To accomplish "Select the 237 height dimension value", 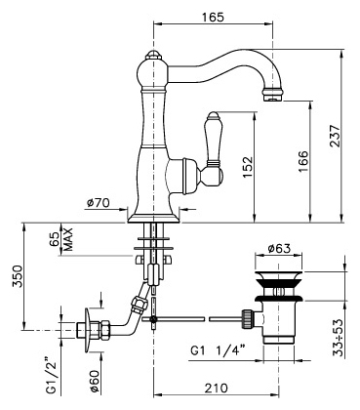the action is [335, 136].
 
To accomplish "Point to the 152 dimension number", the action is [247, 167].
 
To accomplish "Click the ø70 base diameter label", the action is [99, 203].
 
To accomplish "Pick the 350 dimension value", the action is [18, 276].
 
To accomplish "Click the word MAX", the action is [68, 239].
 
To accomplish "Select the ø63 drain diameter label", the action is [279, 249].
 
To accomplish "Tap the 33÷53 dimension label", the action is [339, 338].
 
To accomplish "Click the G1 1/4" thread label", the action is [218, 350].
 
